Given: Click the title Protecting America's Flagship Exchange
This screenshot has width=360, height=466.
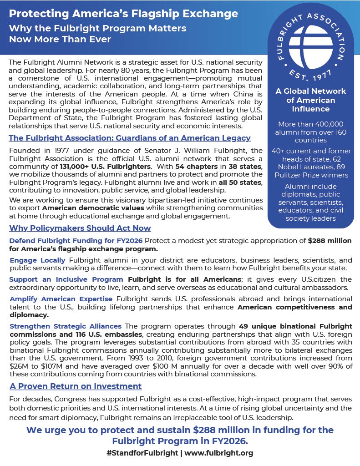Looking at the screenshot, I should tap(123, 14).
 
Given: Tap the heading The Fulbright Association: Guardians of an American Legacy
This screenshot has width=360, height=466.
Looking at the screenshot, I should tap(130, 138).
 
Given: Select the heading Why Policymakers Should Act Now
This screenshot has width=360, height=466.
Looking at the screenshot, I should tap(80, 228).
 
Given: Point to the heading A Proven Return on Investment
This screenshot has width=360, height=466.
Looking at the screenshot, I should tap(76, 386).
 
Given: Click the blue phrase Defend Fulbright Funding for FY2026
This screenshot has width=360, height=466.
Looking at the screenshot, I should tap(76, 241).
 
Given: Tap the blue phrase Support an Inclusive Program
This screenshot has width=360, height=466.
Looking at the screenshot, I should tap(66, 279).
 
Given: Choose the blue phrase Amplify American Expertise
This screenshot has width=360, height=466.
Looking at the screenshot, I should tap(61, 299).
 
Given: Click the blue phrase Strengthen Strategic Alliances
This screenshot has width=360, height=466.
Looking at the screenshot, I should tap(66, 326).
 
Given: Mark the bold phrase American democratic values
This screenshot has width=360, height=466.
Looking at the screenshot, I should tap(105, 208).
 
